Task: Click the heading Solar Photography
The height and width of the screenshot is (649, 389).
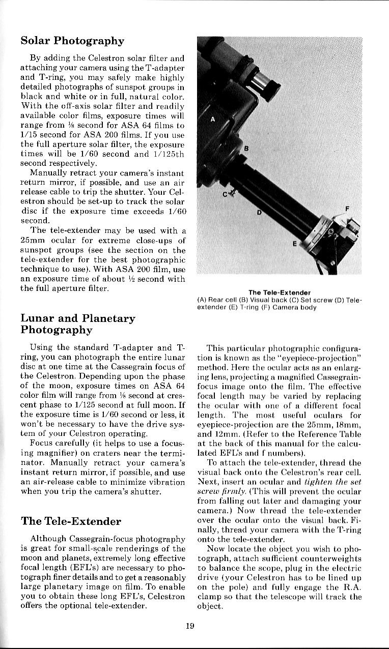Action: click(72, 41)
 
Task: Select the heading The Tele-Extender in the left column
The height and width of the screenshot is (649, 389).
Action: click(71, 521)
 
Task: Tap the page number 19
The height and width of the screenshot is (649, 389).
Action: click(190, 626)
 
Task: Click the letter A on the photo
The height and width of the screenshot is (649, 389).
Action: click(212, 119)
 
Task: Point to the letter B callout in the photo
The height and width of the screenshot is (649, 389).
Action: click(246, 149)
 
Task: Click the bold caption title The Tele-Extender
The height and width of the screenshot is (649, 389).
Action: click(279, 292)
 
